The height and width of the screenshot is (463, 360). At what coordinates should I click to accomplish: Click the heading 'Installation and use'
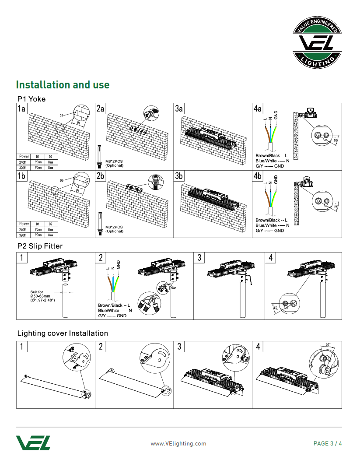(63, 85)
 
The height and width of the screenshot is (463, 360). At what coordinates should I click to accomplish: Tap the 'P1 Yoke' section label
(31, 99)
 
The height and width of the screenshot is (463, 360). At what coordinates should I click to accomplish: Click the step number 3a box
(179, 109)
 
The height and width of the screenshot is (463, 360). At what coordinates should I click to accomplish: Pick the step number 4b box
(258, 176)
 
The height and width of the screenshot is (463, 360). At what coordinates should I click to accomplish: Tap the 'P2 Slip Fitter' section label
(40, 246)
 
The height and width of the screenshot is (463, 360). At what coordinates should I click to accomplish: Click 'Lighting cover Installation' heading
(63, 333)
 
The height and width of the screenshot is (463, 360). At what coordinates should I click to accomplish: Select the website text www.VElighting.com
(178, 443)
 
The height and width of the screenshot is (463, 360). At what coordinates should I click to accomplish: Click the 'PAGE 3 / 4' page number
(328, 443)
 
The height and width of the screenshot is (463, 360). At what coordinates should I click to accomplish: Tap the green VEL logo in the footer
(33, 442)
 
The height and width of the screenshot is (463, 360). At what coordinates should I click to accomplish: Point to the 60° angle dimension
(328, 345)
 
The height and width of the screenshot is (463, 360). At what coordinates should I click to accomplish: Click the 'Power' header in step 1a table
(24, 156)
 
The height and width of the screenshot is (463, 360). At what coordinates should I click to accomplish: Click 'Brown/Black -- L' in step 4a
(271, 156)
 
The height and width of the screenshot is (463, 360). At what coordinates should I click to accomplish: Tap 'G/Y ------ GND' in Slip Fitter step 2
(112, 316)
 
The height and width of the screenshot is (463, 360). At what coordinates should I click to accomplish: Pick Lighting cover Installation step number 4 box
(258, 347)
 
